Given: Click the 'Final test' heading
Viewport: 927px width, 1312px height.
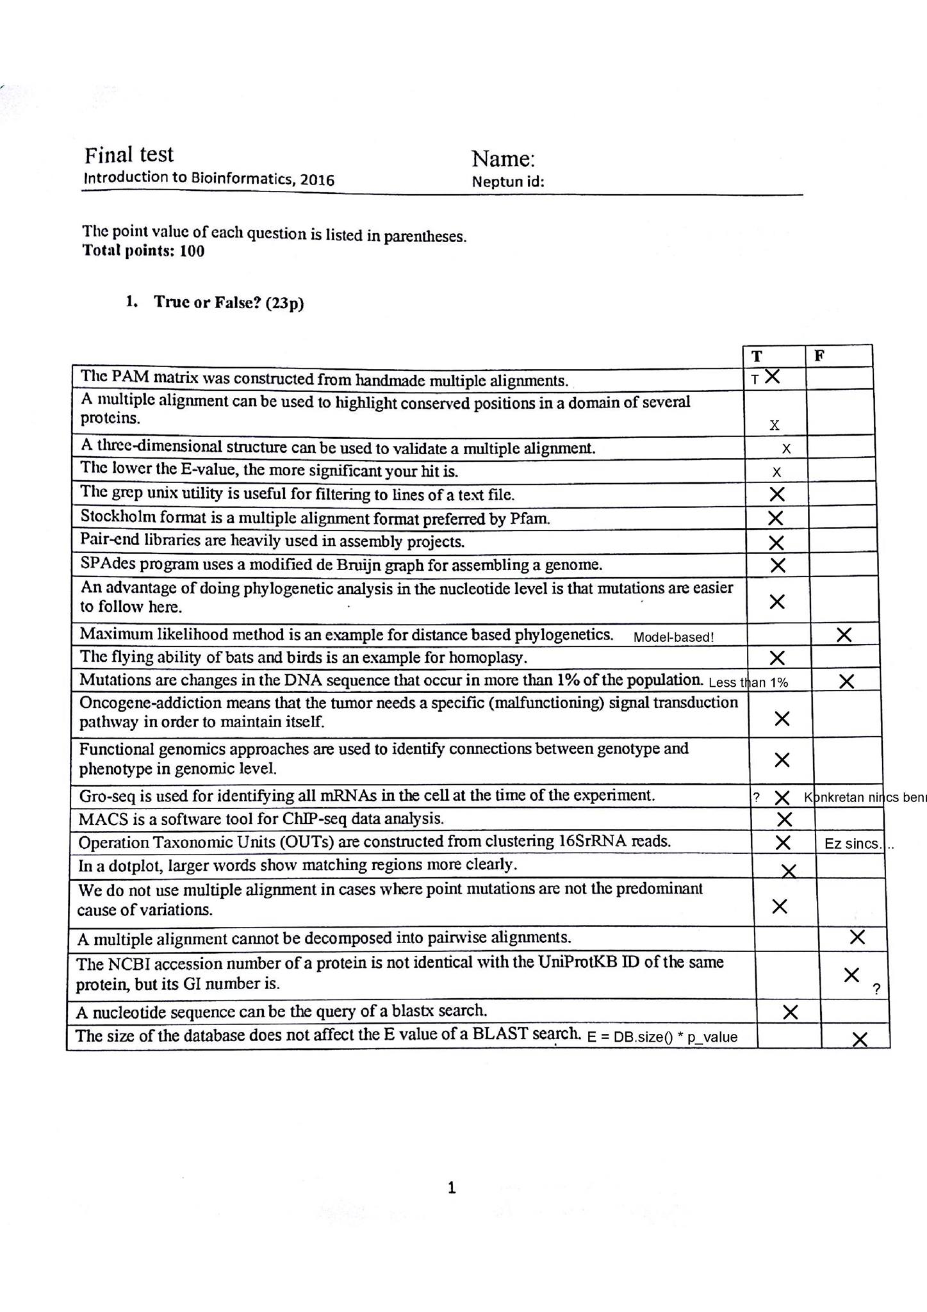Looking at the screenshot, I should [x=129, y=155].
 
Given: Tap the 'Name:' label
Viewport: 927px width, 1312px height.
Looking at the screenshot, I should [x=503, y=159].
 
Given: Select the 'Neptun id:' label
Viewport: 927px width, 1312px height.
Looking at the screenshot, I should [x=508, y=182].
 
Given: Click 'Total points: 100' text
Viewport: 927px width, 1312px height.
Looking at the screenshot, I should [x=144, y=251].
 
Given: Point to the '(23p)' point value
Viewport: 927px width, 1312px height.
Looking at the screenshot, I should [x=284, y=303].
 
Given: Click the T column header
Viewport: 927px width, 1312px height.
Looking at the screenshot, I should [x=757, y=356].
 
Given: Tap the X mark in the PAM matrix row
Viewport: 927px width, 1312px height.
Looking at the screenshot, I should [x=773, y=377].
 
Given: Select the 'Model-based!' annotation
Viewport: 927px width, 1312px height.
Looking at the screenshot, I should [x=673, y=637].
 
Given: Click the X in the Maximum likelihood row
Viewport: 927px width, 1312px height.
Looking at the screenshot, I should [x=844, y=635].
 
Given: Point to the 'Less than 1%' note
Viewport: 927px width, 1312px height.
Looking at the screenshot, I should [x=748, y=682].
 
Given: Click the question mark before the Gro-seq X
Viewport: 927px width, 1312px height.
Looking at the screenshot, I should [x=757, y=798].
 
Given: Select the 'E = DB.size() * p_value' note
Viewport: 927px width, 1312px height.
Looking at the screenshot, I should [x=662, y=1037].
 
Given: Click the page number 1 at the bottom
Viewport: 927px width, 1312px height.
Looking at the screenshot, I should [x=452, y=1188].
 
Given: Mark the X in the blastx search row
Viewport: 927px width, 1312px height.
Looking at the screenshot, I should [x=791, y=1012].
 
